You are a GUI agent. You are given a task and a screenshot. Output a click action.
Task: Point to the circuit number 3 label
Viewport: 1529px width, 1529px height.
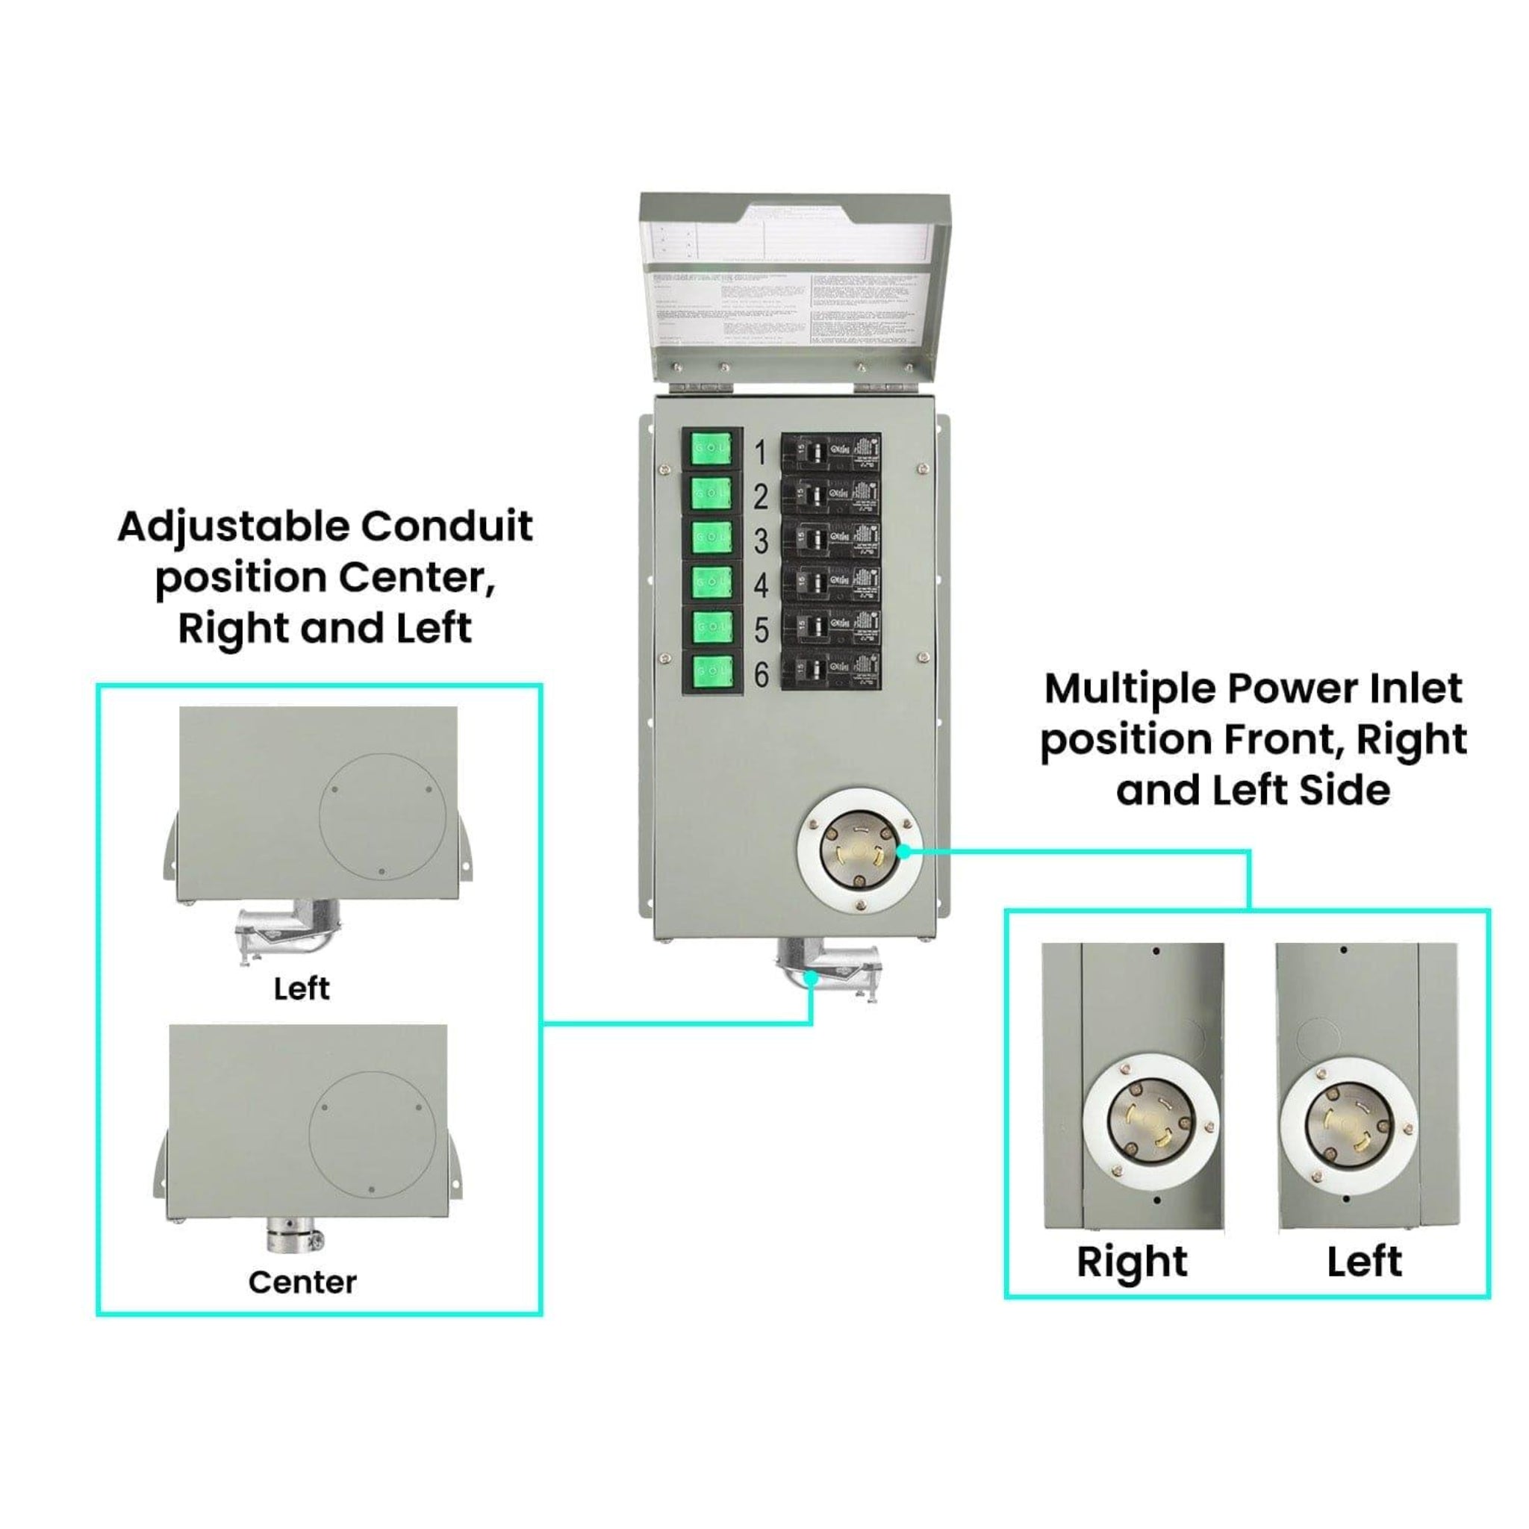coord(761,541)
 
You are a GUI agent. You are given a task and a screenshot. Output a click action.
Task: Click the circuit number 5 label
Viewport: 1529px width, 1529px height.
coord(761,631)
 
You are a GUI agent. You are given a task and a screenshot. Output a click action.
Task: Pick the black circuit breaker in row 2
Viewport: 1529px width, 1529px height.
coord(830,497)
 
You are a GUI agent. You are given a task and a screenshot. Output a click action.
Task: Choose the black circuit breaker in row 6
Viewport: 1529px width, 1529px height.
coord(830,673)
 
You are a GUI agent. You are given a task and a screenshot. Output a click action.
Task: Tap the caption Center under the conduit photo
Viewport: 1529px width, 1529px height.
coord(302,1283)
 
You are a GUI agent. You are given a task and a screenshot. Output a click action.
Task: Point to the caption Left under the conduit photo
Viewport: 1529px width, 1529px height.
coord(302,989)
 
